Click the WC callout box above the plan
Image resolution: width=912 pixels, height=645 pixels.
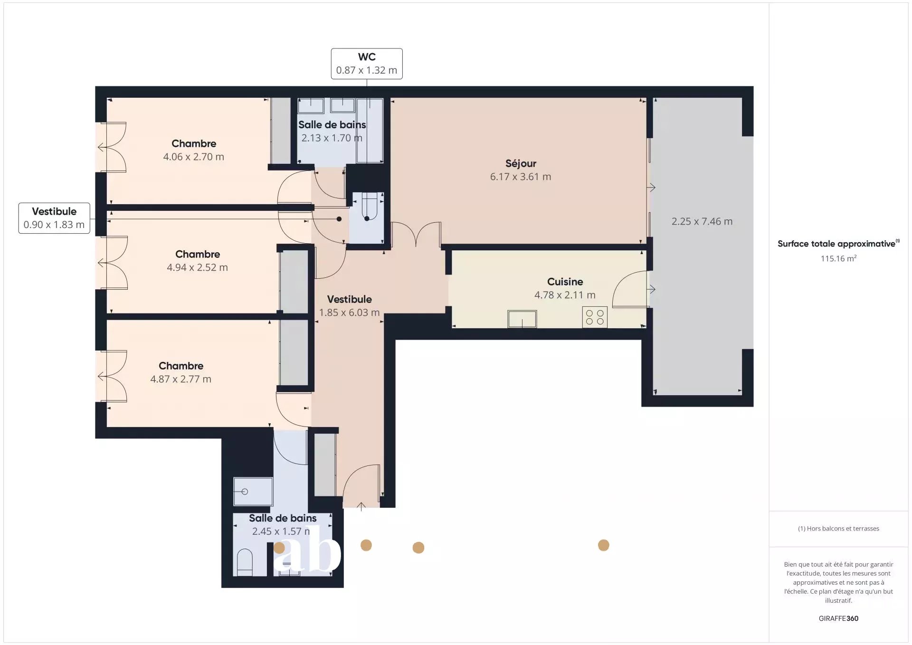pos(367,64)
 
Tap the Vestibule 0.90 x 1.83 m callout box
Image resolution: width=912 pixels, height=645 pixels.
pos(54,218)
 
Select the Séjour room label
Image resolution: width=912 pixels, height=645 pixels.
pos(521,163)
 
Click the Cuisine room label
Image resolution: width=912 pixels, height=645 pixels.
pos(565,282)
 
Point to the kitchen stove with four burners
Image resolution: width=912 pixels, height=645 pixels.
pos(595,317)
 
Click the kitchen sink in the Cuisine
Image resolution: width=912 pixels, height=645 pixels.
pos(522,319)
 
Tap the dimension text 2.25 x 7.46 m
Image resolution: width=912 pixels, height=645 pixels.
pos(702,221)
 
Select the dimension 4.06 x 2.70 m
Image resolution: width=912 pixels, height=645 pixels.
pos(194,157)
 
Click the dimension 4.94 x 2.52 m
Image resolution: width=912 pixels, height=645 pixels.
pos(198,267)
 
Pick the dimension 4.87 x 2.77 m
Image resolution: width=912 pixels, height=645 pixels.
pos(181,379)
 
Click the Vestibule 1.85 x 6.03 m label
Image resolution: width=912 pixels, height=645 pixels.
pos(350,306)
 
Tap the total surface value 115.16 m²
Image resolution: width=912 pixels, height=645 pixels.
pos(839,258)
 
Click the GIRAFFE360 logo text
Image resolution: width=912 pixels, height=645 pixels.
pos(838,618)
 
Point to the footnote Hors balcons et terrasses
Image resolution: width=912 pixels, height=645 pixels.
pos(838,529)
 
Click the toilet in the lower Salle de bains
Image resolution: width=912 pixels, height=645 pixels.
pos(245,562)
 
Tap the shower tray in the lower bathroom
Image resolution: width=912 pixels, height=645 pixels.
pos(253,492)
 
